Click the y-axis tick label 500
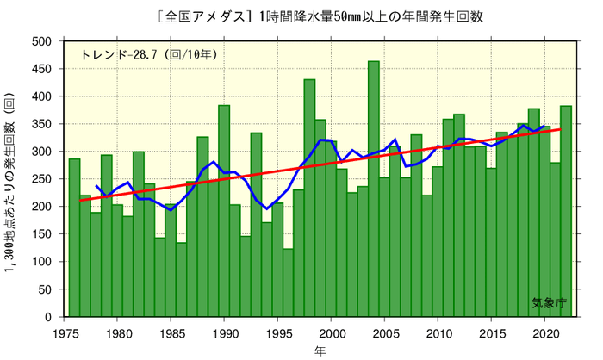[x=42, y=41]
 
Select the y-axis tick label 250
[x=42, y=179]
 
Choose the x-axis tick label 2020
[x=545, y=332]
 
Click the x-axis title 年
[x=320, y=351]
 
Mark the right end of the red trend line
[x=561, y=129]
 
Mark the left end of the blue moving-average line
[x=96, y=185]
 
